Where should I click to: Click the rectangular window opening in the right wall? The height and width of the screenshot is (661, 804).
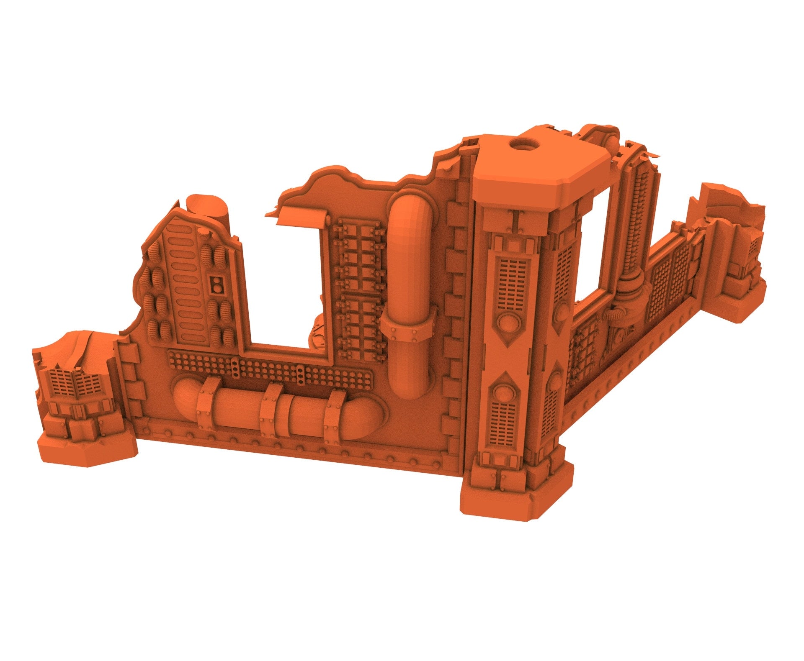point(595,247)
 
